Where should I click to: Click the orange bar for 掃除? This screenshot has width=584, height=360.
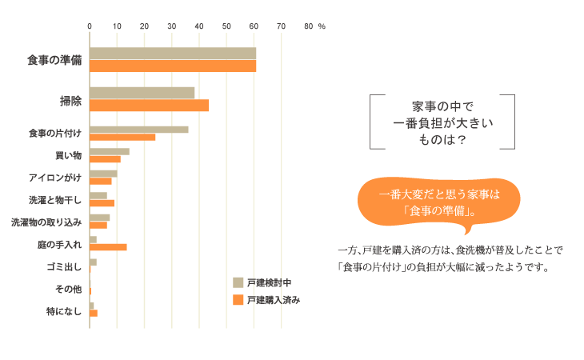click(x=149, y=105)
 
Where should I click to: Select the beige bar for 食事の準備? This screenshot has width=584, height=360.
click(x=173, y=54)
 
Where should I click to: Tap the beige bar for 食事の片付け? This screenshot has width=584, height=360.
click(x=138, y=130)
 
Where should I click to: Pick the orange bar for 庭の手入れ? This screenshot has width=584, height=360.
click(x=108, y=246)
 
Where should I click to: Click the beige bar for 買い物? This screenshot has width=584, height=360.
click(x=109, y=151)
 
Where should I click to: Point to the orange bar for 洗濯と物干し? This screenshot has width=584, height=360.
click(x=102, y=202)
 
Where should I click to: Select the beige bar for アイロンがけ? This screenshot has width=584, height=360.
click(x=103, y=174)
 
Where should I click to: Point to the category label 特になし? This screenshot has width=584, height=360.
click(x=64, y=310)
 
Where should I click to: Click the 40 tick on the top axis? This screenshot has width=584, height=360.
click(x=199, y=26)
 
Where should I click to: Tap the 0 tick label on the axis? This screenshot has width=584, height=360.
click(x=90, y=26)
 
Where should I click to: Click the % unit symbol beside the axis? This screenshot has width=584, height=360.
click(x=322, y=26)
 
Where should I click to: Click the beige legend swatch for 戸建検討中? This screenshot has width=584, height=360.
click(x=238, y=282)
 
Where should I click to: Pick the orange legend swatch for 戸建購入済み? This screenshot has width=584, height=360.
click(x=238, y=300)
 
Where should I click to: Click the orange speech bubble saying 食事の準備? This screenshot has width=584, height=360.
click(x=438, y=204)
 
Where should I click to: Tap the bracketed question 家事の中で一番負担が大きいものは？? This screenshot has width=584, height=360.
click(x=442, y=122)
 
